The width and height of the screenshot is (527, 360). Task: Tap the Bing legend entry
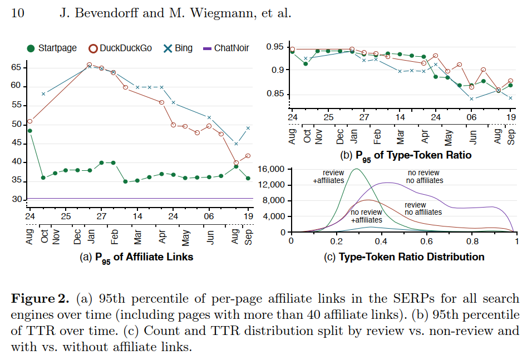(x=178, y=48)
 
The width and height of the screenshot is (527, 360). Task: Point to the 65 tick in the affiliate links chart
(x=16, y=67)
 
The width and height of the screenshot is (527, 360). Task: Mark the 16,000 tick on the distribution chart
(x=273, y=169)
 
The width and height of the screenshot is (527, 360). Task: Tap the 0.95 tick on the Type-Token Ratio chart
(x=275, y=46)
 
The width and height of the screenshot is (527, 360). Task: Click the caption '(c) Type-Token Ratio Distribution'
(x=404, y=257)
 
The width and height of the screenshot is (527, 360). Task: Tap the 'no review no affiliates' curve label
(x=425, y=176)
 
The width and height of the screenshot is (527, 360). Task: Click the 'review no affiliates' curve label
(x=423, y=208)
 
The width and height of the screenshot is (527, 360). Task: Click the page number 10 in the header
(x=17, y=12)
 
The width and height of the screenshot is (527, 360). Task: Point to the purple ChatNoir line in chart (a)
(x=139, y=198)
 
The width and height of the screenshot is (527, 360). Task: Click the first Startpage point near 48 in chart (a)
(x=29, y=131)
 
